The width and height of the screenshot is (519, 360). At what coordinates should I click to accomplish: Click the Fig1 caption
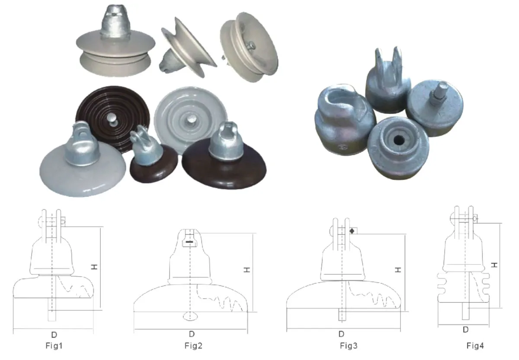[x=54, y=346]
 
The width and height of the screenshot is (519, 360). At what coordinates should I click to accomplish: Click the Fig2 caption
[x=193, y=346]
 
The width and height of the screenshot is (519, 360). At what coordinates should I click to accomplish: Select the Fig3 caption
[x=349, y=346]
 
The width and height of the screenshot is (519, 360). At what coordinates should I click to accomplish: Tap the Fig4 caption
[x=475, y=346]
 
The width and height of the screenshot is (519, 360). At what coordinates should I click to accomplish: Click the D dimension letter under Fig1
[x=54, y=334]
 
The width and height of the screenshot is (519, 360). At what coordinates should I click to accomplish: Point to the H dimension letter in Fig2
[x=247, y=270]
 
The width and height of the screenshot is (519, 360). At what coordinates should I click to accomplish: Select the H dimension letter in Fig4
[x=494, y=265]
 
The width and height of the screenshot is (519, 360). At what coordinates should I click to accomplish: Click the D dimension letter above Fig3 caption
[x=341, y=334]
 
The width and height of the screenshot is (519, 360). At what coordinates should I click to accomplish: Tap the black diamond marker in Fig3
[x=352, y=231]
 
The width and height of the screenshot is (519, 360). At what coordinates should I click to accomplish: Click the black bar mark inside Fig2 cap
[x=189, y=242]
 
